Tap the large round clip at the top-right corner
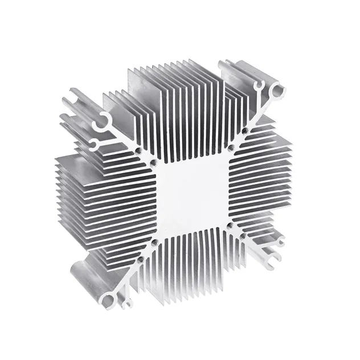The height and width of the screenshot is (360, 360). click(x=277, y=90)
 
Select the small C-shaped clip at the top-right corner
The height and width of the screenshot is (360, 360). click(x=260, y=87)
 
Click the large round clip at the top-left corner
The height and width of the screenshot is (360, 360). click(x=104, y=120)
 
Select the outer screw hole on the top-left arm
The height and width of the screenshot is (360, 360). click(x=138, y=150)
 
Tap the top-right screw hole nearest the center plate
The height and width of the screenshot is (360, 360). click(x=231, y=148)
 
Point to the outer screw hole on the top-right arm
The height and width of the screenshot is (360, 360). click(x=244, y=131)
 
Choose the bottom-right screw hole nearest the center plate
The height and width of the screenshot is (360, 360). click(x=230, y=226)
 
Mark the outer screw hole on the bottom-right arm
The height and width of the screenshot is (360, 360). click(x=243, y=235)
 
